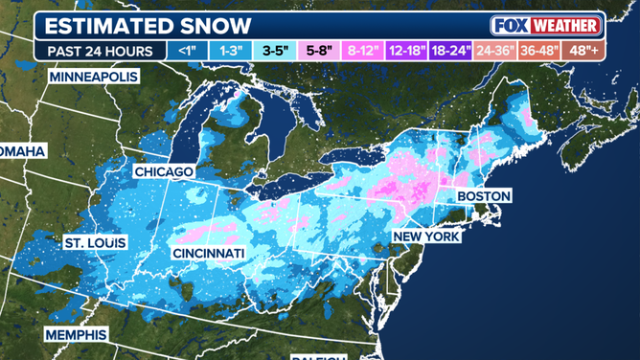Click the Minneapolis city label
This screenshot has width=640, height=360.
tap(93, 76)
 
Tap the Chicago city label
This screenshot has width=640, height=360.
tap(164, 171)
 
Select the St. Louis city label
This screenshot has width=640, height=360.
tap(94, 243)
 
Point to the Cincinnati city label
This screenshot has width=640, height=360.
tap(209, 253)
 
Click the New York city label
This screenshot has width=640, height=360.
tap(426, 236)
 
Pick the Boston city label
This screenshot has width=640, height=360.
tap(484, 195)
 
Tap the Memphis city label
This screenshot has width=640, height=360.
tap(76, 334)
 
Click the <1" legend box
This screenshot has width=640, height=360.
tap(185, 49)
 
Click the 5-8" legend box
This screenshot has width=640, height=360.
tap(319, 49)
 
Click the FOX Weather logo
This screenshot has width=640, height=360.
tap(545, 25)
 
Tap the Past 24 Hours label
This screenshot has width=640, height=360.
tap(101, 49)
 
